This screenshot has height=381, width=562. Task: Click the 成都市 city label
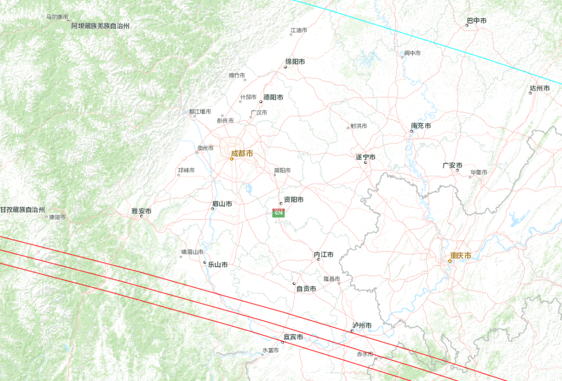(242, 153)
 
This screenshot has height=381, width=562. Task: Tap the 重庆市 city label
(461, 256)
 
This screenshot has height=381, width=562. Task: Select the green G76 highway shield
(279, 213)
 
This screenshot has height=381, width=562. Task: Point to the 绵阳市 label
(295, 62)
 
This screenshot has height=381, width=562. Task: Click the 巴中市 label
(476, 21)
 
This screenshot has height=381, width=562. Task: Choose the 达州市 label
(540, 88)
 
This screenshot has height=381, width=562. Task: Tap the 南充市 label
(421, 126)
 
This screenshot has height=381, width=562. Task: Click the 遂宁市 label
(365, 157)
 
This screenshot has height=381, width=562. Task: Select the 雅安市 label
(141, 211)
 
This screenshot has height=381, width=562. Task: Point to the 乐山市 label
(218, 265)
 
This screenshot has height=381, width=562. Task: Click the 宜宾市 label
(293, 337)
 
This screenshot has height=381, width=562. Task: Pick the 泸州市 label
(362, 326)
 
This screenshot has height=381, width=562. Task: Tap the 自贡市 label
(306, 289)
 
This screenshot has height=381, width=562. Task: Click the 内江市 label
(324, 255)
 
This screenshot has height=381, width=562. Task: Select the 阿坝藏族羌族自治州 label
(100, 25)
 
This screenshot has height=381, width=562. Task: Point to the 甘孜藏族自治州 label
(22, 209)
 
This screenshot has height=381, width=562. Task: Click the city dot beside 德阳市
(261, 102)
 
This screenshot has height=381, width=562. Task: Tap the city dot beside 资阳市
(281, 204)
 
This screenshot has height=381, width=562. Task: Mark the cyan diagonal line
(427, 42)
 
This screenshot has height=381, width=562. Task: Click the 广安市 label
(452, 165)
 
